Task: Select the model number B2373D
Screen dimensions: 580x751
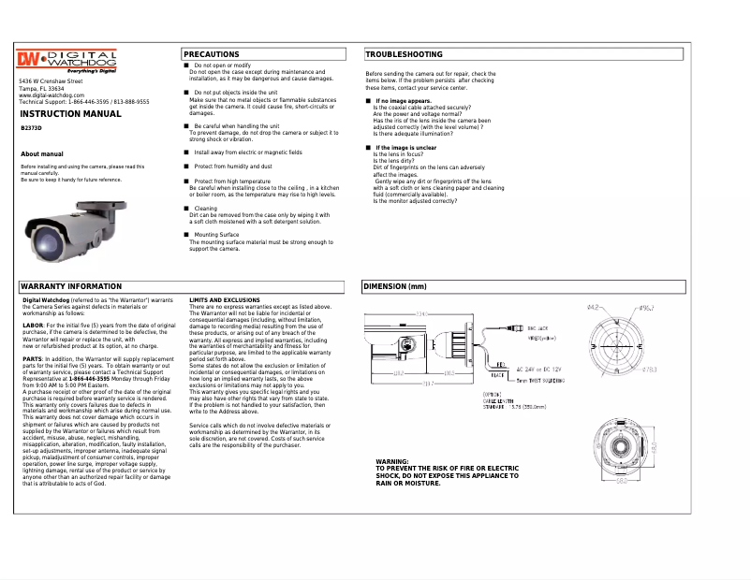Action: coord(31,127)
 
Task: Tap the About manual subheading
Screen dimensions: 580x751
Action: coord(42,153)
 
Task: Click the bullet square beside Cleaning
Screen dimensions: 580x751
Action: coord(186,209)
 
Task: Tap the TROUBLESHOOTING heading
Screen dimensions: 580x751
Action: coord(404,54)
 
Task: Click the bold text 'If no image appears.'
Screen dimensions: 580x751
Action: coord(404,100)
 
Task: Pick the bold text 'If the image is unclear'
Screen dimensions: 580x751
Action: coord(405,148)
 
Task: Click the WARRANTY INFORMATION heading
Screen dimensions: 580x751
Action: coord(71,286)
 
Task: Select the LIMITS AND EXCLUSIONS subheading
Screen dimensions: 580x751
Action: coord(225,299)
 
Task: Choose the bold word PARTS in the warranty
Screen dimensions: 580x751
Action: coord(33,358)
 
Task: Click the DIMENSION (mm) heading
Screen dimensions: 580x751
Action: coord(395,286)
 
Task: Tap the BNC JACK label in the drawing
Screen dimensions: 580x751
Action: coord(537,328)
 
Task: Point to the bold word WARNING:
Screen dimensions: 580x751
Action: coord(391,462)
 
